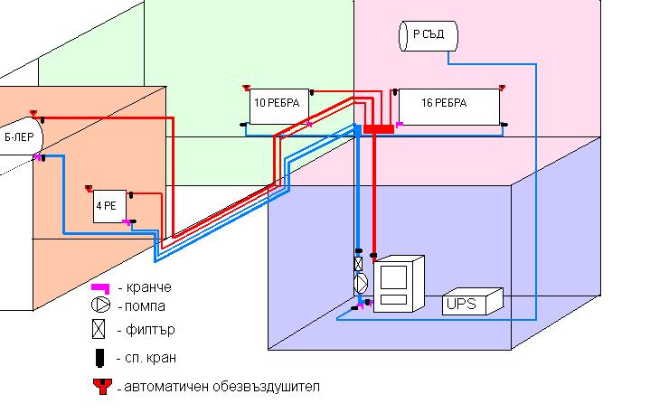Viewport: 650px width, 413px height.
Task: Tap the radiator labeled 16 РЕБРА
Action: pos(448,105)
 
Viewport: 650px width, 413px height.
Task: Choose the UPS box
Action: pos(471,302)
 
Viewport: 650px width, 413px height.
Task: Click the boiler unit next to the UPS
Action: pos(399,284)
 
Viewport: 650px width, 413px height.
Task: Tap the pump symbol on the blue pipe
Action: pos(361,283)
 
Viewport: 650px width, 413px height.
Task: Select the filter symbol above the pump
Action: pos(360,264)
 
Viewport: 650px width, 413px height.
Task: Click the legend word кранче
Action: pos(150,287)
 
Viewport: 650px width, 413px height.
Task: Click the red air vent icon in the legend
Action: pos(100,387)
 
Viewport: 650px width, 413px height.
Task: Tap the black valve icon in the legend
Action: pos(100,358)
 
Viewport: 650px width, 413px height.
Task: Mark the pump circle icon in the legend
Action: pos(100,305)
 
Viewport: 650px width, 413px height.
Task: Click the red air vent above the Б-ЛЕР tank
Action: pos(33,114)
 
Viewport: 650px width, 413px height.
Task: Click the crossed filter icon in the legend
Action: pos(100,330)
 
